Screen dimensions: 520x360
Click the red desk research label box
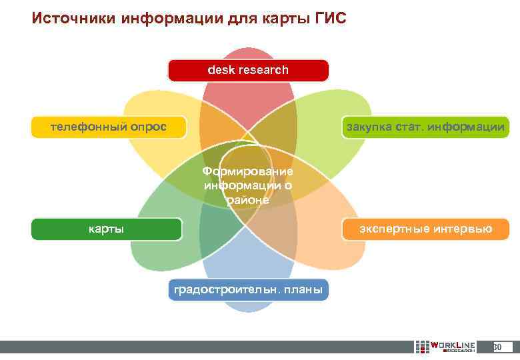point(248,70)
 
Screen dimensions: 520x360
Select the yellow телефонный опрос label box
point(109,127)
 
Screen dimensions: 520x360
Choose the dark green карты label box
point(107,229)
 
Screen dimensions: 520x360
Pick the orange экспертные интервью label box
point(425,229)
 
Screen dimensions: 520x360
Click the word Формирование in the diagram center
point(247,172)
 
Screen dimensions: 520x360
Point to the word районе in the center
point(247,199)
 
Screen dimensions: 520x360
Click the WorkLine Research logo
point(445,347)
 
